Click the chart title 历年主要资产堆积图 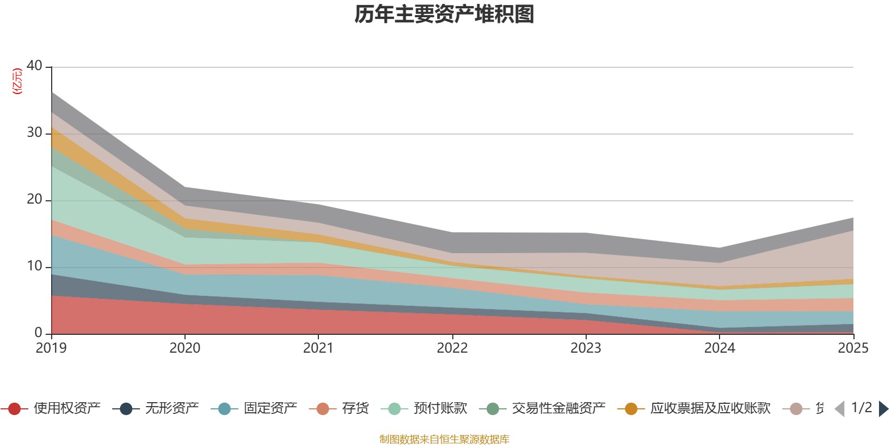click(444, 14)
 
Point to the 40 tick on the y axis click(34, 66)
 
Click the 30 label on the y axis click(34, 133)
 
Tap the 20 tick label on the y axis click(34, 200)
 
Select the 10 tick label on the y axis click(34, 266)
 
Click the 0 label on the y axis click(38, 333)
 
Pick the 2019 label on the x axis click(51, 348)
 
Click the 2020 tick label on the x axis click(184, 348)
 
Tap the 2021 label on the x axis click(318, 348)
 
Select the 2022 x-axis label click(452, 348)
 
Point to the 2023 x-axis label click(586, 348)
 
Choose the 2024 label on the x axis click(720, 348)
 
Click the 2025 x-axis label click(852, 348)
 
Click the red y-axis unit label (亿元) click(17, 81)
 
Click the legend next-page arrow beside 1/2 click(883, 409)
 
